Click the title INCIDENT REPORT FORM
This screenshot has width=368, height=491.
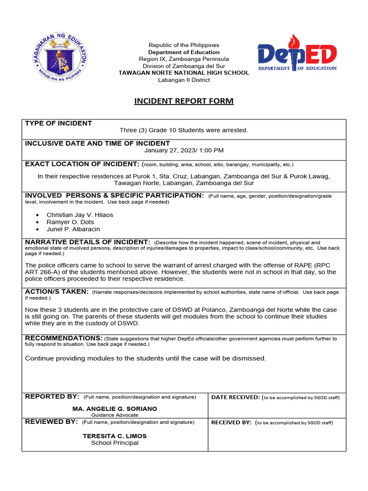(x=184, y=101)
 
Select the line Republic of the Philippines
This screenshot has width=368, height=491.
(x=184, y=45)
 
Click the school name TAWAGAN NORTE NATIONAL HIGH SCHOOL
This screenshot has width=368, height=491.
(x=184, y=73)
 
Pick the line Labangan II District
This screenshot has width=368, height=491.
(x=184, y=80)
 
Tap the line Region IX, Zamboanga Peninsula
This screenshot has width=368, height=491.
(x=184, y=59)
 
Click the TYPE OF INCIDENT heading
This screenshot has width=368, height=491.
(x=58, y=123)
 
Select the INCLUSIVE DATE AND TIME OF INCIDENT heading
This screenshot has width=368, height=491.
(x=97, y=143)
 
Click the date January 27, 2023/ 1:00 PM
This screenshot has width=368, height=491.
(x=184, y=150)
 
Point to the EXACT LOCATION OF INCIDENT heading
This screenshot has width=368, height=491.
(x=82, y=164)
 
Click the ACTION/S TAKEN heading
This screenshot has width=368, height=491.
(x=57, y=292)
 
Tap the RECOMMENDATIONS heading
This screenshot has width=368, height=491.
(x=64, y=338)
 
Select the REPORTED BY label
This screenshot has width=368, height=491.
(x=52, y=397)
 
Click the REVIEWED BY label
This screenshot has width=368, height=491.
(x=51, y=422)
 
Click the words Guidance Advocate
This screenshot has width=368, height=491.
(x=115, y=415)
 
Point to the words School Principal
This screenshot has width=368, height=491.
(x=115, y=443)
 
